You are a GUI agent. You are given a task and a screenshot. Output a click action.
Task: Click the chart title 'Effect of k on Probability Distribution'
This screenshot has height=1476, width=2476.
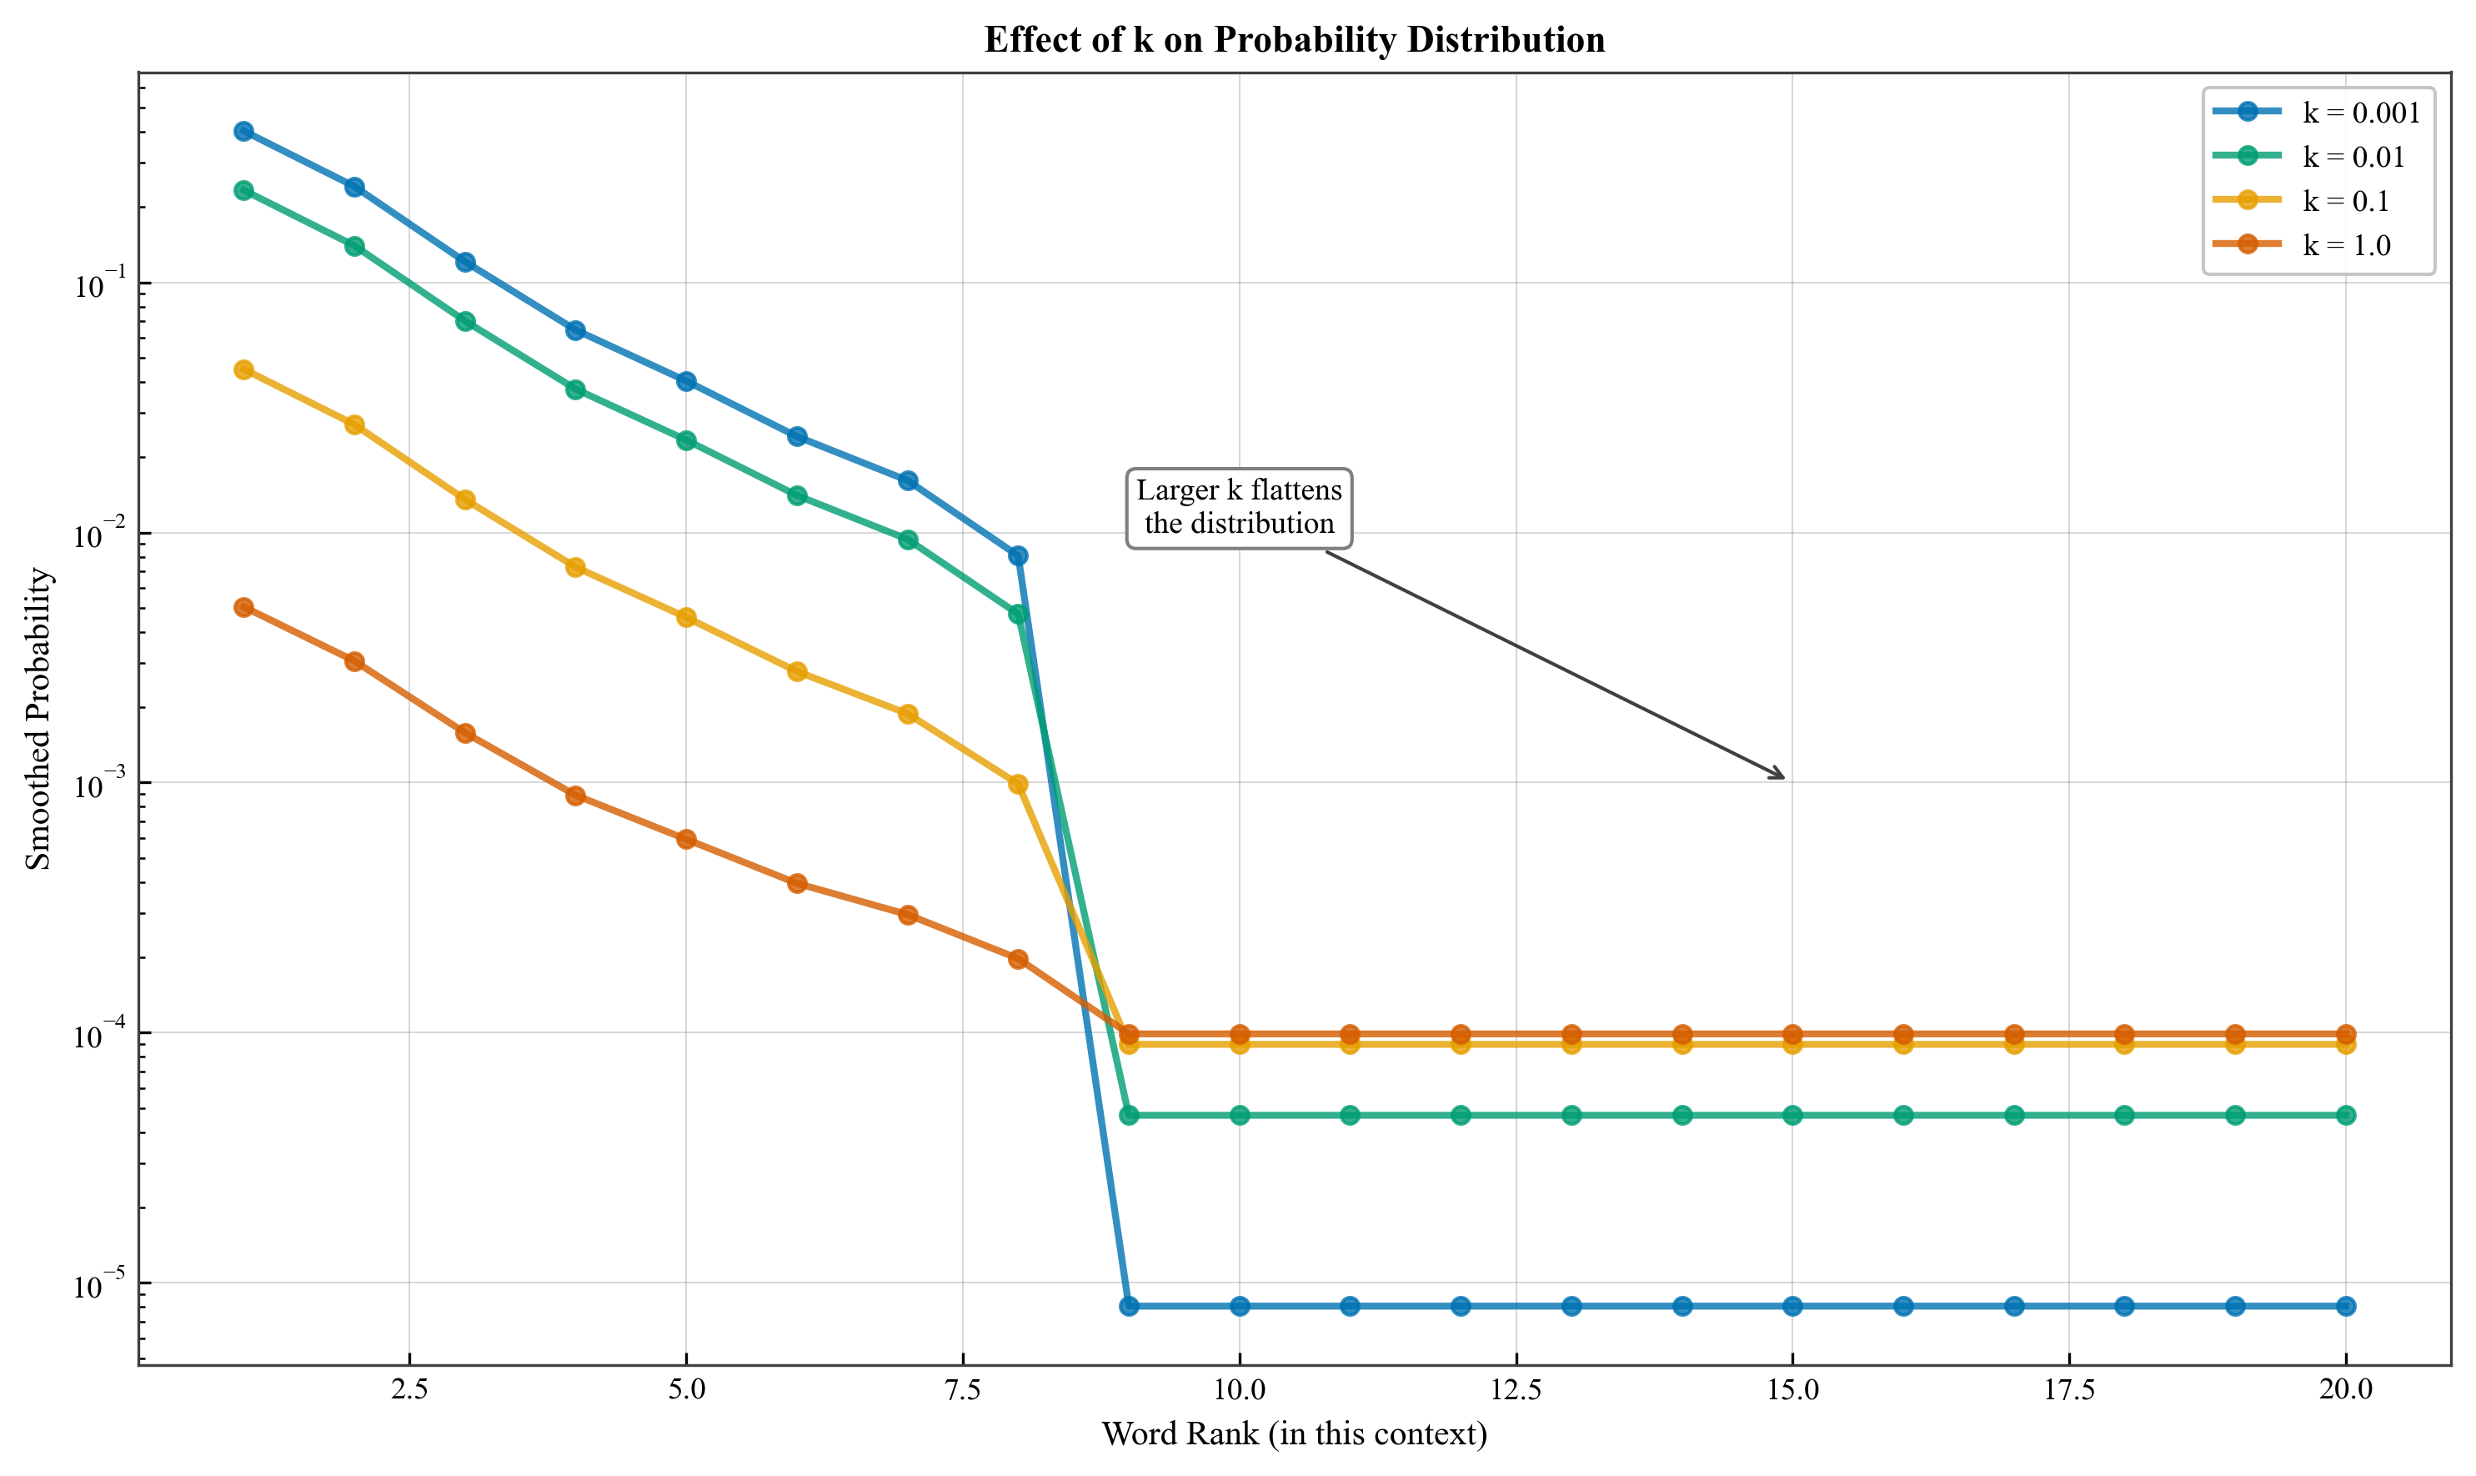coord(1294,40)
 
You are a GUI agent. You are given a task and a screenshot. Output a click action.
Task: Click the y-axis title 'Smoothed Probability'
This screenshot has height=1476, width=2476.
coord(38,718)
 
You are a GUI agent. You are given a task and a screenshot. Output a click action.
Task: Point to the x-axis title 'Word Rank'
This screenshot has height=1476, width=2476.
coord(1294,1433)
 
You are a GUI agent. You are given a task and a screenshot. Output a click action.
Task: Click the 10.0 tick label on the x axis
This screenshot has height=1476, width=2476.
coord(1239,1389)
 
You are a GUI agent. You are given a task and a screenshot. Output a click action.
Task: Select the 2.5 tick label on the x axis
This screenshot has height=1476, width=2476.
coord(408,1389)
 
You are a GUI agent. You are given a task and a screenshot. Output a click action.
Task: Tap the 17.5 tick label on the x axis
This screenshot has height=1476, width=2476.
coord(2068,1389)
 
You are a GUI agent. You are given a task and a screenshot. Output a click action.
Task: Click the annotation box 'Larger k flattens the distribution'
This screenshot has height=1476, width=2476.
coord(1239,507)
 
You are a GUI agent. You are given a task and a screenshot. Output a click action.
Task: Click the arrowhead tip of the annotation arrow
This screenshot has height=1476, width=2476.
coord(1784,778)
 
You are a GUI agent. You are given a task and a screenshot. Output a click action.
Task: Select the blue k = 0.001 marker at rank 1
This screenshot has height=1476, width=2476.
coord(243,131)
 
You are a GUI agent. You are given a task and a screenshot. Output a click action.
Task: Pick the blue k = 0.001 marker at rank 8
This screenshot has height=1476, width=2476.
coord(1017,555)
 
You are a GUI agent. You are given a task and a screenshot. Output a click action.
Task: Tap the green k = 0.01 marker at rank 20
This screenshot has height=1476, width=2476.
coord(2346,1115)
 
